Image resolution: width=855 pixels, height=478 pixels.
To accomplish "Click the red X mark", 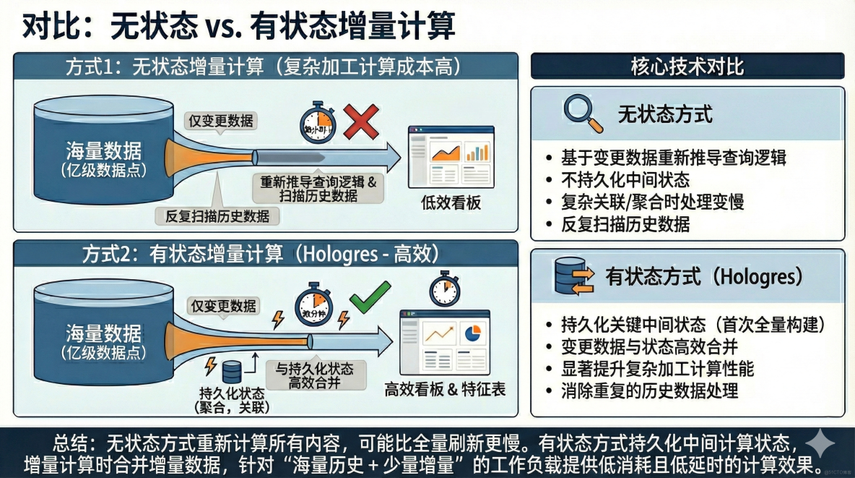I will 360,121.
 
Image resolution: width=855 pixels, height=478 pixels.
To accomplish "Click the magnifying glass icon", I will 582,114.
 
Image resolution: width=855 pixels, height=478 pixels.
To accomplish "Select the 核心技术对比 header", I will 687,67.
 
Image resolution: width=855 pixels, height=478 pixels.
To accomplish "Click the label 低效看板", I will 451,203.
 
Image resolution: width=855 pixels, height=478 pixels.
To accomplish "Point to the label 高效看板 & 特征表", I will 445,390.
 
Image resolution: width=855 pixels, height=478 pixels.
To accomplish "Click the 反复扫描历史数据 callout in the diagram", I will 218,215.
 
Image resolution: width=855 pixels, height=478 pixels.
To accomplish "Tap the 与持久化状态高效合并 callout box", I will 316,375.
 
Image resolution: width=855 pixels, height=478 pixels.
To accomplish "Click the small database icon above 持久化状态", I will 231,372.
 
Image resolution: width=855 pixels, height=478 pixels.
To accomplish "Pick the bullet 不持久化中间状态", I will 625,180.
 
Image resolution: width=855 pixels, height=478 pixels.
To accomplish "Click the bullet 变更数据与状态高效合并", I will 641,346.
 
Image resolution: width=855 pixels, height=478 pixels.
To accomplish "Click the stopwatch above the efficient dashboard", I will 443,289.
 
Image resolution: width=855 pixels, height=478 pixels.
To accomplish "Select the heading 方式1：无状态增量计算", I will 264,67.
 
